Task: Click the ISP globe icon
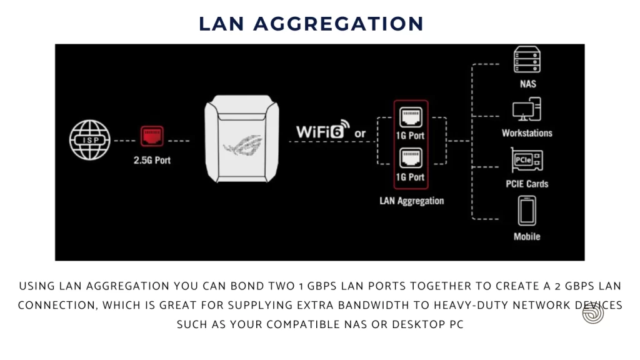pyautogui.click(x=90, y=140)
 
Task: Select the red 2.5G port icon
pyautogui.click(x=152, y=136)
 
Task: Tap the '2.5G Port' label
pyautogui.click(x=152, y=161)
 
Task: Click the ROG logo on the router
pyautogui.click(x=242, y=146)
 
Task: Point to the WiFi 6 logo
pyautogui.click(x=323, y=129)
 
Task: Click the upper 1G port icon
pyautogui.click(x=411, y=117)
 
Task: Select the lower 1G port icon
pyautogui.click(x=411, y=158)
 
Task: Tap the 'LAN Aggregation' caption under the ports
pyautogui.click(x=411, y=201)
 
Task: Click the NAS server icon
pyautogui.click(x=527, y=59)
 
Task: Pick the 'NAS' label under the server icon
pyautogui.click(x=527, y=84)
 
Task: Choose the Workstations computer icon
pyautogui.click(x=526, y=109)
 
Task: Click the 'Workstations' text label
pyautogui.click(x=527, y=133)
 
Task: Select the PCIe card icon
pyautogui.click(x=526, y=160)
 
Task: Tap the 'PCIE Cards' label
pyautogui.click(x=527, y=184)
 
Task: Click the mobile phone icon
pyautogui.click(x=527, y=211)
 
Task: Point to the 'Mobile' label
pyautogui.click(x=527, y=237)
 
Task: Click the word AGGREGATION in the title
pyautogui.click(x=339, y=24)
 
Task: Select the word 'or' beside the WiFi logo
pyautogui.click(x=360, y=134)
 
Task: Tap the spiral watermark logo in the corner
pyautogui.click(x=593, y=313)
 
